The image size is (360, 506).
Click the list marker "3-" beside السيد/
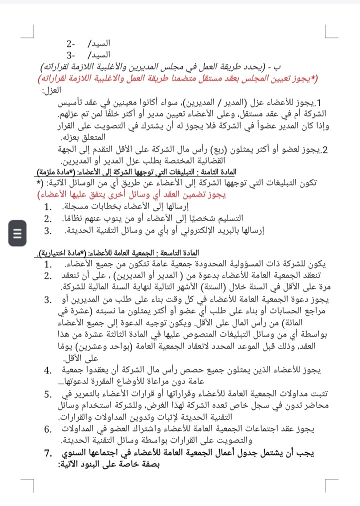click(71, 55)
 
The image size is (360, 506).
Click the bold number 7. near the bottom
click(51, 453)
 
